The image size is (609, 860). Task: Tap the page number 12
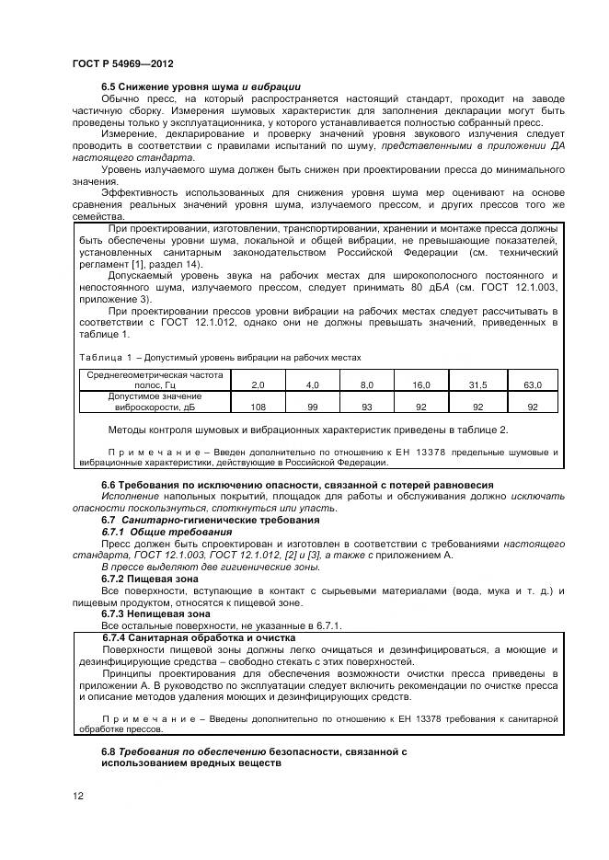point(77,796)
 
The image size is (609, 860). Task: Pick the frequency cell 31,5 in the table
point(477,384)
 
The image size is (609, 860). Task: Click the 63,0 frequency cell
point(532,384)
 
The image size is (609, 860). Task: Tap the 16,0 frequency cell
point(421,384)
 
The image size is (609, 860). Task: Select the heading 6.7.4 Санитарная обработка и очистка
point(199,637)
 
